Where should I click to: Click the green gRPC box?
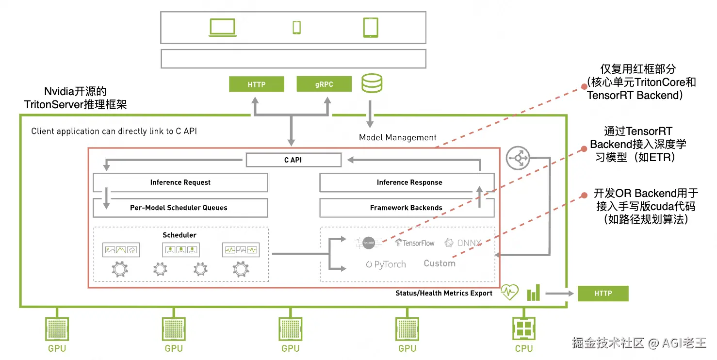tap(324, 84)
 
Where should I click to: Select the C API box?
tap(293, 160)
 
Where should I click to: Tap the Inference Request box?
tap(180, 182)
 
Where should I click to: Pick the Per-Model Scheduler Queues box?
tap(180, 208)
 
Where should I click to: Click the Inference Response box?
tap(407, 182)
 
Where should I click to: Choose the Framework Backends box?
tap(407, 208)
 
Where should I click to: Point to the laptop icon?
tap(223, 28)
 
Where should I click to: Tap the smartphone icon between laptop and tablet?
tap(296, 28)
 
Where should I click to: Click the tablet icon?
tap(371, 28)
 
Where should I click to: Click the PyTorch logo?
tap(386, 265)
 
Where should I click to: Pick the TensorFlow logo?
tap(415, 243)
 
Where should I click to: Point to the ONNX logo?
tap(463, 243)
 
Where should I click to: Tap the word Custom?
tap(440, 263)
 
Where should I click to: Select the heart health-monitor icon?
tap(509, 293)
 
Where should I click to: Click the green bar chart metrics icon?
tap(533, 293)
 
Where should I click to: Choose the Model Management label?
tap(398, 138)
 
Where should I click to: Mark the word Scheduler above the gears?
tap(179, 235)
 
